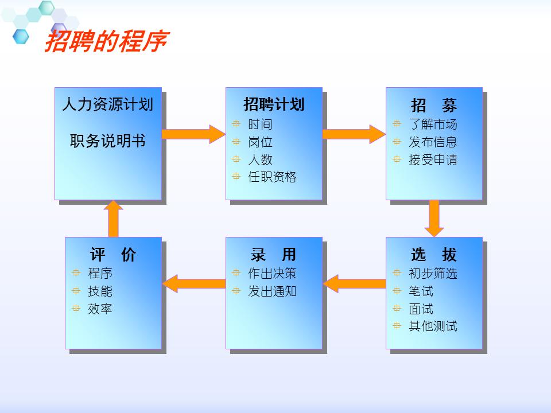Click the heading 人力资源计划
pyautogui.click(x=108, y=105)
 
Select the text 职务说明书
pyautogui.click(x=108, y=141)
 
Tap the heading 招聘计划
pyautogui.click(x=274, y=104)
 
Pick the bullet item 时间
pyautogui.click(x=260, y=124)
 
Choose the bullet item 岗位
pyautogui.click(x=260, y=142)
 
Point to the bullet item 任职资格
pyautogui.click(x=272, y=177)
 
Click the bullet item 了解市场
pyautogui.click(x=433, y=124)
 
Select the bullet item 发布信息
pyautogui.click(x=433, y=142)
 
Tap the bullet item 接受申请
pyautogui.click(x=433, y=160)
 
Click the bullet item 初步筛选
pyautogui.click(x=433, y=274)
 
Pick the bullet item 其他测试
pyautogui.click(x=433, y=326)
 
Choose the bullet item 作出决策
pyautogui.click(x=272, y=274)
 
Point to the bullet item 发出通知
pyautogui.click(x=272, y=291)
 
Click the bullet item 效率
pyautogui.click(x=100, y=309)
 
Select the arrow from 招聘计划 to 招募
pyautogui.click(x=353, y=134)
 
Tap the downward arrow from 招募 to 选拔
pyautogui.click(x=434, y=218)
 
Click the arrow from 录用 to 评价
pyautogui.click(x=194, y=283)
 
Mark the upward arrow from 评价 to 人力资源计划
pyautogui.click(x=114, y=218)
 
